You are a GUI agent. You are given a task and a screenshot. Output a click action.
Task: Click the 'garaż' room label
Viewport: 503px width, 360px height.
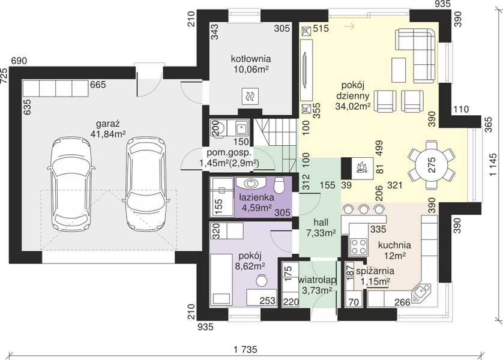108,124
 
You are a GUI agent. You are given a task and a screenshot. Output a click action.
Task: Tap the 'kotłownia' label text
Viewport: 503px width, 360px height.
251,59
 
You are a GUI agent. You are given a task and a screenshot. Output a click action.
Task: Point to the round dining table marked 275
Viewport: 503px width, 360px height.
432,165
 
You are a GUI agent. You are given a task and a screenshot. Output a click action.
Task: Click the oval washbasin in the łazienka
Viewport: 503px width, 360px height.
250,184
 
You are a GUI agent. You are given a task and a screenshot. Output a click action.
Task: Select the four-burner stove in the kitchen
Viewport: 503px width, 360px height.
359,246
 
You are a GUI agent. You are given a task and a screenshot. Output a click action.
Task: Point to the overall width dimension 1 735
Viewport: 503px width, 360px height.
245,349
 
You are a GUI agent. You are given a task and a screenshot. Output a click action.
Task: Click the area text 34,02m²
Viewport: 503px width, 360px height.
353,106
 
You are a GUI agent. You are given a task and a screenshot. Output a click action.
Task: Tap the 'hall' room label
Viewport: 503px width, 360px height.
321,222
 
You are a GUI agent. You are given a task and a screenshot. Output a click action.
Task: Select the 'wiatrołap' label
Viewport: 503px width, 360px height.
318,280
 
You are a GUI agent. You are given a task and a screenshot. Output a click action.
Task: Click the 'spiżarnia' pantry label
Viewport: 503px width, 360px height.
375,271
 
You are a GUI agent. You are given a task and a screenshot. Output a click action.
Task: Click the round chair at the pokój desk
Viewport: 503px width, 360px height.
262,280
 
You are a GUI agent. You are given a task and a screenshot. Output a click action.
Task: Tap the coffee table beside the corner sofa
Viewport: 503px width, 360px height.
399,70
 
